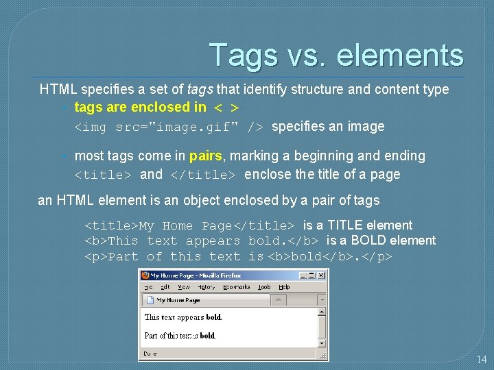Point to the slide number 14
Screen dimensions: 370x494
tap(482, 359)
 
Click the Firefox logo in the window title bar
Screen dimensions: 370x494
tap(145, 275)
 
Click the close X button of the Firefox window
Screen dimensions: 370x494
tap(321, 275)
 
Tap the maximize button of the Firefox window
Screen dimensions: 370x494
tap(311, 275)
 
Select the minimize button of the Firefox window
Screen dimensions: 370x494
tap(302, 275)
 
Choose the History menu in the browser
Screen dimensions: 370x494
tap(206, 287)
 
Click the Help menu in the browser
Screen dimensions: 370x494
tap(284, 287)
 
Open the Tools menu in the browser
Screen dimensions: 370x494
tap(265, 287)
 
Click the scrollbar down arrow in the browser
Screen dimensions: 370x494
tap(321, 343)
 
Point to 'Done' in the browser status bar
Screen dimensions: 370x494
tap(150, 354)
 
